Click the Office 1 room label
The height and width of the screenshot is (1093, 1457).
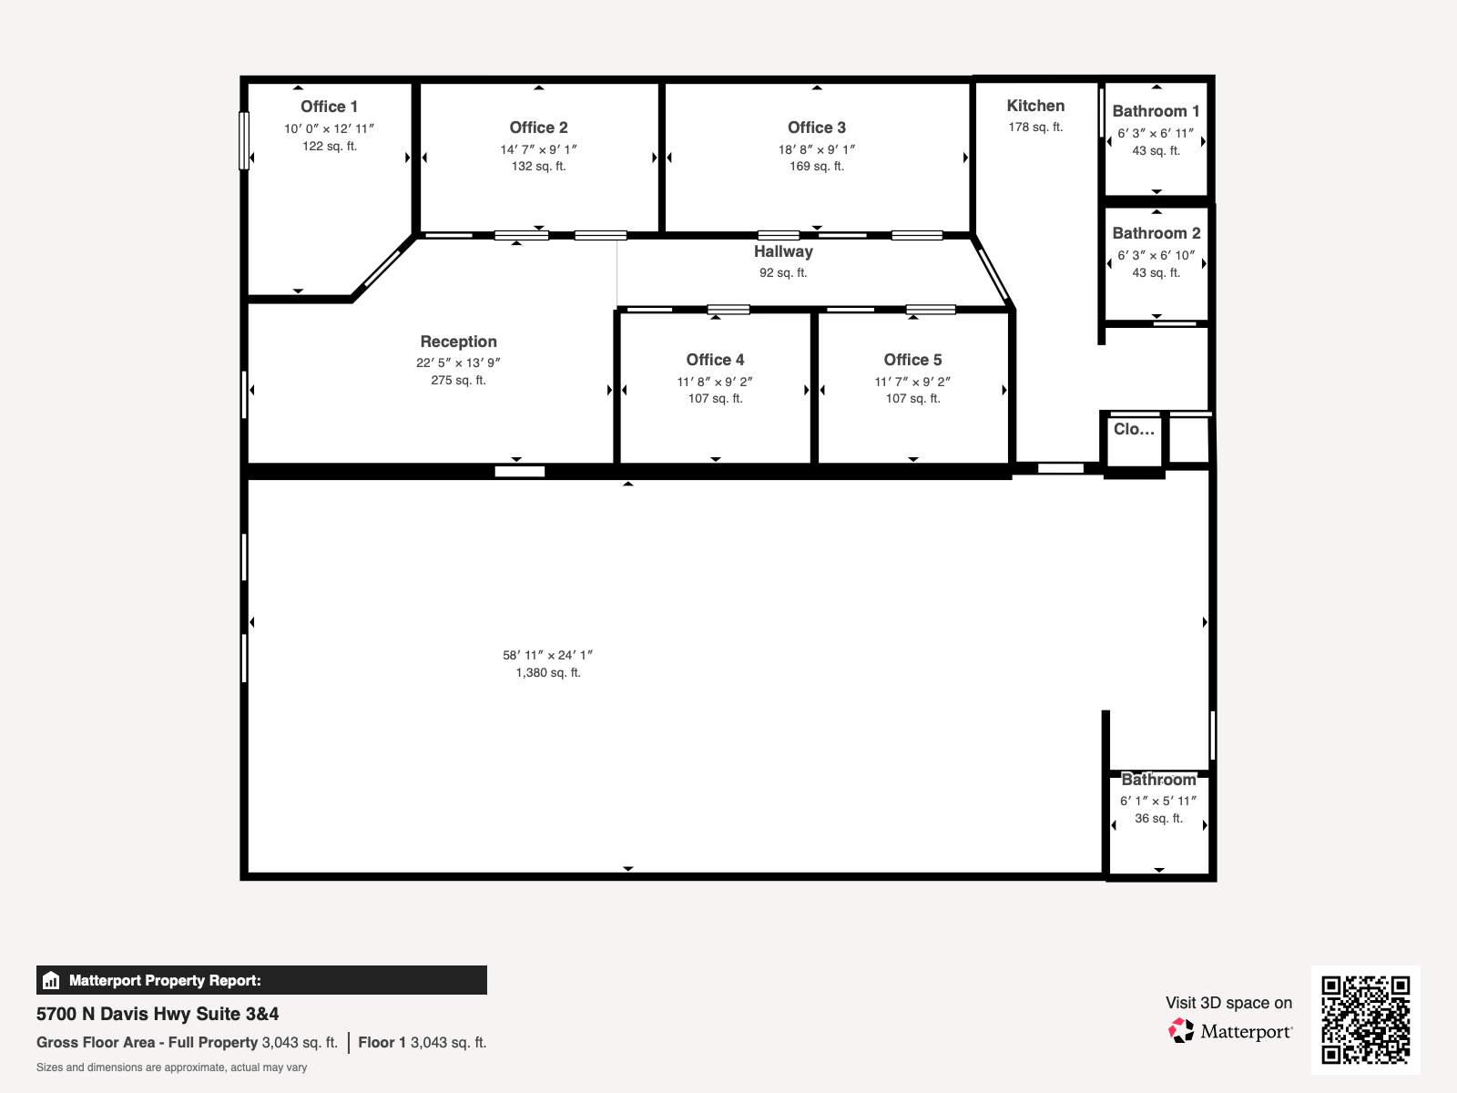pos(329,107)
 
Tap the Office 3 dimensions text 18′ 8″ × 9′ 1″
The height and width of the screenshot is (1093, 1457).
pos(817,149)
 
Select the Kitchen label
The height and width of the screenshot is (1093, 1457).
pos(1035,106)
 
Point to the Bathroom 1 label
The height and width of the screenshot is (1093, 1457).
pos(1156,111)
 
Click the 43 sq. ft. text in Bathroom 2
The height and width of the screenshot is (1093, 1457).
pos(1156,272)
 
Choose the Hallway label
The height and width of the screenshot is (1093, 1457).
pos(783,251)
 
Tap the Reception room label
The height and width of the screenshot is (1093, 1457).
pos(459,342)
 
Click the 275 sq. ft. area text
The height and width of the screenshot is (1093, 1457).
pos(459,380)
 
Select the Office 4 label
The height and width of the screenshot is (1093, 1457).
pos(715,360)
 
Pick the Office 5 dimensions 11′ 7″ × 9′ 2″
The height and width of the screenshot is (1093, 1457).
pos(912,382)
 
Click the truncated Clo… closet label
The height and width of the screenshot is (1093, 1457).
pos(1134,429)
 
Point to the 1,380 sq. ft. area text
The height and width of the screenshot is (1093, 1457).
pos(548,673)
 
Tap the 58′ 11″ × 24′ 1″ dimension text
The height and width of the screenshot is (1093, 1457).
pos(547,655)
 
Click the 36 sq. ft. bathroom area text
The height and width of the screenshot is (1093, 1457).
pos(1159,818)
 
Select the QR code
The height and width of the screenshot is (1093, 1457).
pos(1365,1020)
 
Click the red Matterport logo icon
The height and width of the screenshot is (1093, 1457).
pos(1181,1031)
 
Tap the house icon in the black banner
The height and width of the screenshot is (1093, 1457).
pos(51,980)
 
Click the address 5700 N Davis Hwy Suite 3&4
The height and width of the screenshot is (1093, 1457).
pos(158,1014)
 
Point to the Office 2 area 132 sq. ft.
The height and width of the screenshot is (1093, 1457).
pos(538,167)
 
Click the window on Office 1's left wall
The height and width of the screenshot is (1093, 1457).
pos(244,140)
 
